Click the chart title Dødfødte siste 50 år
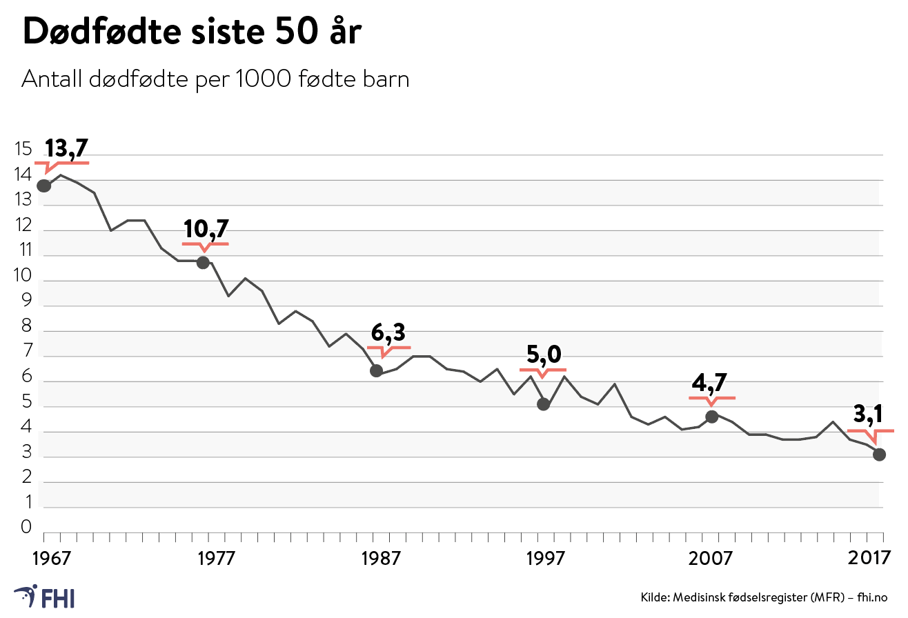tap(192, 33)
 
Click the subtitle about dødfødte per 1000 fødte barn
tap(216, 80)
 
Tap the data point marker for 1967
tap(44, 186)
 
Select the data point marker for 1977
tap(203, 262)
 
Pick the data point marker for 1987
tap(376, 370)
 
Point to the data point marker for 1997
tap(544, 404)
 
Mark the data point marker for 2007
tap(712, 416)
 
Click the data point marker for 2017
tap(879, 454)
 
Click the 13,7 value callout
tap(67, 148)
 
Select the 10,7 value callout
tap(206, 229)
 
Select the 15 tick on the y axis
tap(23, 150)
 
